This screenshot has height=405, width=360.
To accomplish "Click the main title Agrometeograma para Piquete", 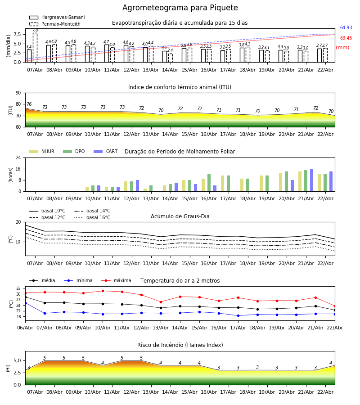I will (x=180, y=8).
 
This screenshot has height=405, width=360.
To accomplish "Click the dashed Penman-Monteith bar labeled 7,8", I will (x=35, y=47).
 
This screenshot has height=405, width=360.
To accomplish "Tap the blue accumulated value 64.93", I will (x=346, y=28).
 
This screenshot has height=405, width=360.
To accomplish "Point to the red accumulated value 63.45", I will (x=346, y=38).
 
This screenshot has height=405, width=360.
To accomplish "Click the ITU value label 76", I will (x=29, y=104).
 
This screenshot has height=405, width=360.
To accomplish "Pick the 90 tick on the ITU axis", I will (x=18, y=93).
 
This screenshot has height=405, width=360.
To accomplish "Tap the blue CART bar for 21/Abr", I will (x=311, y=180).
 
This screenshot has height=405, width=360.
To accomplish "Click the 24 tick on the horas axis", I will (x=18, y=158).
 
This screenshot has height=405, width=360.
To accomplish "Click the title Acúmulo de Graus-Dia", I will (x=180, y=216).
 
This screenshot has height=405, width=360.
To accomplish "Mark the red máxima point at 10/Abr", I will (x=103, y=291).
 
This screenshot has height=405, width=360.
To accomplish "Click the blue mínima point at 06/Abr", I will (x=25, y=303).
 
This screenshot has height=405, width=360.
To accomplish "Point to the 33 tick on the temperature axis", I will (x=18, y=288).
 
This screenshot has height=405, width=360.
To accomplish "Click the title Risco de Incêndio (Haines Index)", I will (x=180, y=345).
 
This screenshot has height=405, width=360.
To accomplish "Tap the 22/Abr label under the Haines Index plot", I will (x=325, y=392).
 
